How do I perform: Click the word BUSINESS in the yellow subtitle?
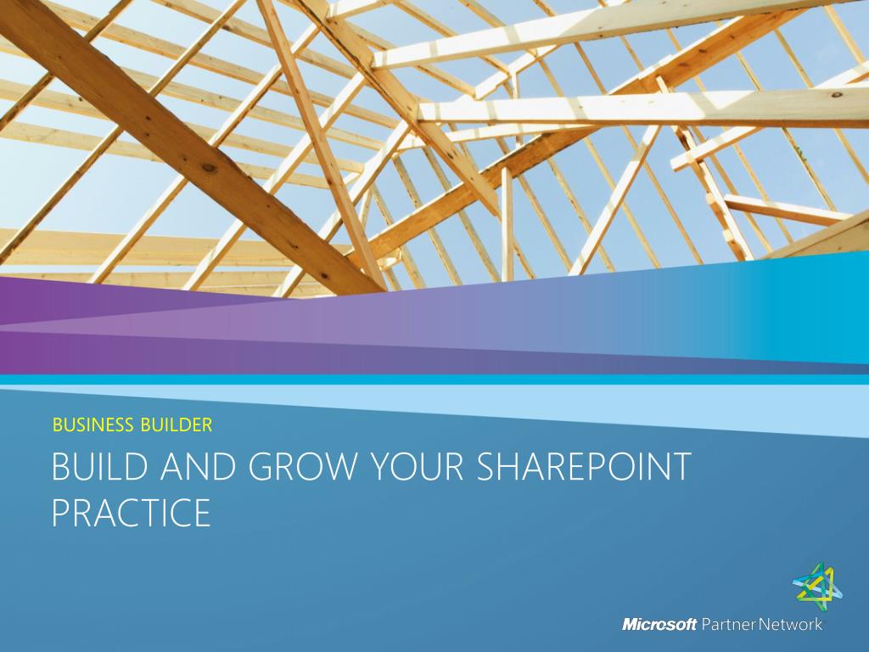click(x=93, y=424)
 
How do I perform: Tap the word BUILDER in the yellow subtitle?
click(x=177, y=424)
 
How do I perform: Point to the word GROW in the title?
click(x=302, y=466)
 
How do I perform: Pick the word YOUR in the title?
click(x=415, y=466)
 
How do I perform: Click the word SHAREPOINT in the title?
click(x=584, y=466)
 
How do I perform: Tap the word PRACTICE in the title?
click(x=132, y=512)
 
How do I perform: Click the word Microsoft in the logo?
click(x=659, y=624)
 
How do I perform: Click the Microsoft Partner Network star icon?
click(x=817, y=586)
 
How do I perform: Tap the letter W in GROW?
click(x=336, y=466)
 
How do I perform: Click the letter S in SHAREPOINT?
click(x=486, y=466)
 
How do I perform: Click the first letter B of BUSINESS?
click(x=57, y=424)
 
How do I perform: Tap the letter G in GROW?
click(x=261, y=466)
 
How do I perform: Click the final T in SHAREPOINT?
click(x=681, y=466)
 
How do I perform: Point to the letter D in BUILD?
click(x=138, y=466)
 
